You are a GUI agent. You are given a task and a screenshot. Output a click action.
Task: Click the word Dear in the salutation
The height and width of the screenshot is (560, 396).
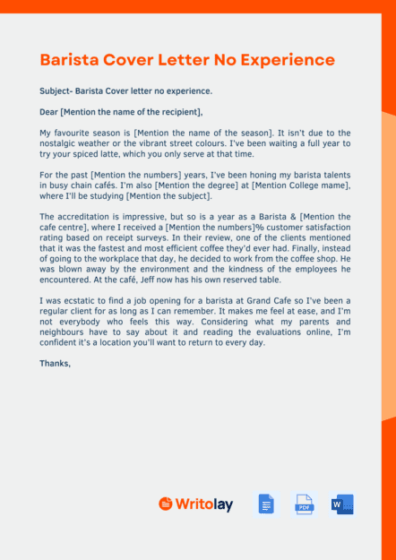pyautogui.click(x=49, y=112)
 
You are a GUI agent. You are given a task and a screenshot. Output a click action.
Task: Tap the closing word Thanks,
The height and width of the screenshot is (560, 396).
pyautogui.click(x=56, y=364)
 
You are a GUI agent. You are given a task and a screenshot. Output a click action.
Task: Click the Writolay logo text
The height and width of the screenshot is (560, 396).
pyautogui.click(x=203, y=504)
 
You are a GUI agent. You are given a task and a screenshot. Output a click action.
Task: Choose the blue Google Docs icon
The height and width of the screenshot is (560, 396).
pyautogui.click(x=266, y=504)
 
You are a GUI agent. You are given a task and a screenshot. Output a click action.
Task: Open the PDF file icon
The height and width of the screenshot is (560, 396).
pyautogui.click(x=304, y=504)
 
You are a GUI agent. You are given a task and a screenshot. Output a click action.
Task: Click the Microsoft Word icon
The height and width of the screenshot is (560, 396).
pyautogui.click(x=342, y=504)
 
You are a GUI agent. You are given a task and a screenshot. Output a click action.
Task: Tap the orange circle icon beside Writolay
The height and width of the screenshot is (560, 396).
pyautogui.click(x=165, y=504)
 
